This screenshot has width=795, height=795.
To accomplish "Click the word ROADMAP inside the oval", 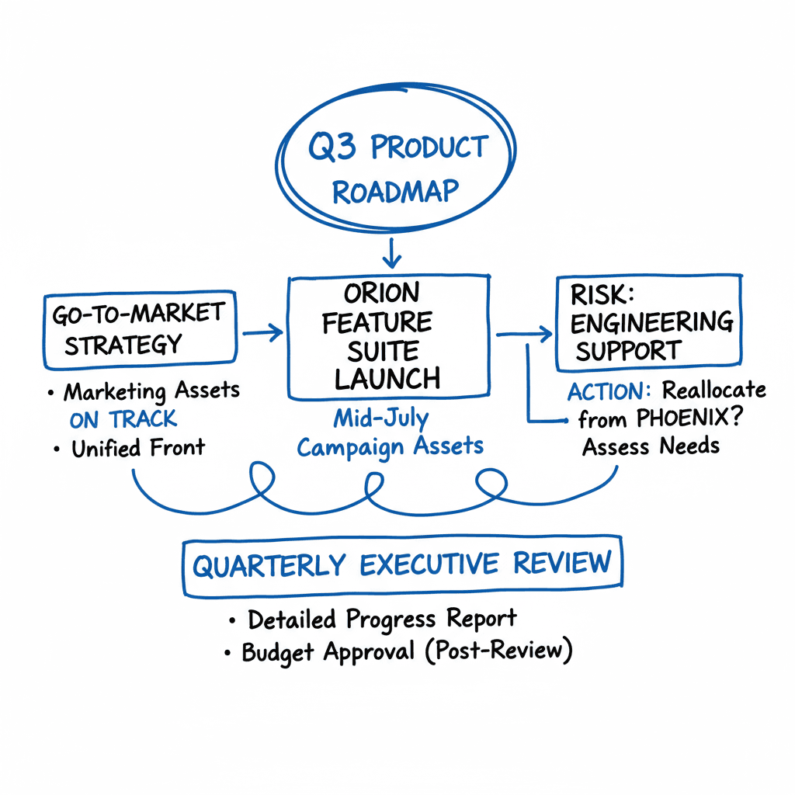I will pos(395,190).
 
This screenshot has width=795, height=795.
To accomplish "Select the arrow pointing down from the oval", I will pos(392,252).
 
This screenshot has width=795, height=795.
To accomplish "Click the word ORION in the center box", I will pos(381,293).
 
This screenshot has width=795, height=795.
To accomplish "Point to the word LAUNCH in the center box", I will pos(387,379).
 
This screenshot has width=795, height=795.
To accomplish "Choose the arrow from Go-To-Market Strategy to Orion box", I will pos(262,334).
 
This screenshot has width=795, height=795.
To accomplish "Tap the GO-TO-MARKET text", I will pos(138,314).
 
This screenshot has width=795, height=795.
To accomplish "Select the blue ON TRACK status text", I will pos(123,419).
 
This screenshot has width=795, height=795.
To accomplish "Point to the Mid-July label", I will pos(381,418).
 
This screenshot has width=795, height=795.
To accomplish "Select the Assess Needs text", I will pos(651,446).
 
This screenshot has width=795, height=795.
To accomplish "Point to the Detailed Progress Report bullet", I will pos(381,620).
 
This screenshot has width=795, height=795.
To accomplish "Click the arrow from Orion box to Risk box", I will pos(524,335).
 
